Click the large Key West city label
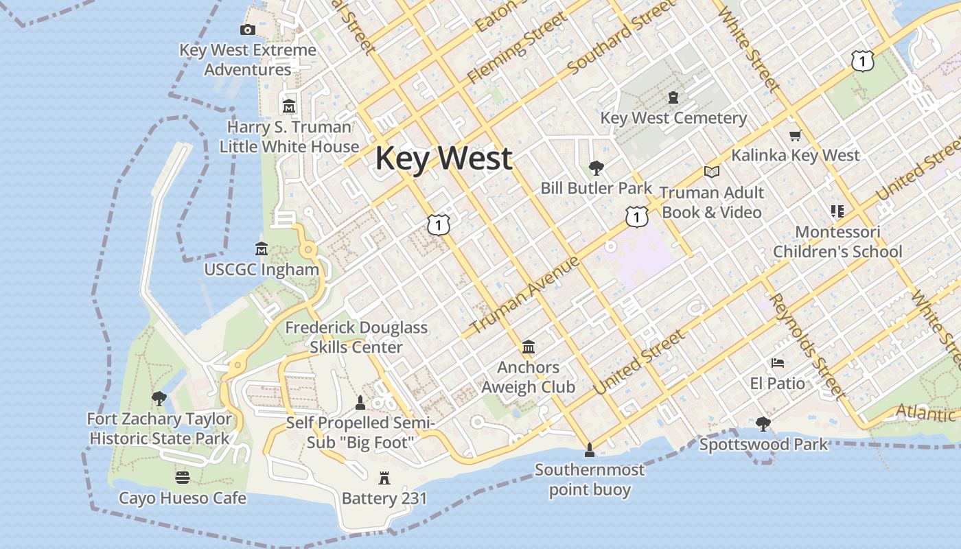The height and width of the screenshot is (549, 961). [443, 159]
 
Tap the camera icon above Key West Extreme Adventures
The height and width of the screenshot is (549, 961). [248, 30]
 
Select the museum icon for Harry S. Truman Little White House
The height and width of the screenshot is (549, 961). [288, 106]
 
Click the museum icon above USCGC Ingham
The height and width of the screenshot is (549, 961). [261, 248]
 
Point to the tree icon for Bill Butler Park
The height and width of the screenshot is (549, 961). [596, 167]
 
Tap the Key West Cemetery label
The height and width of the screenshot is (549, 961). [673, 118]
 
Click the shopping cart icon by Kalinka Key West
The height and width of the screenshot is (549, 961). [795, 135]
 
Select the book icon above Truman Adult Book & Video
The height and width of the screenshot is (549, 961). [712, 172]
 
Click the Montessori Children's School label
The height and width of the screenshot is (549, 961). [837, 242]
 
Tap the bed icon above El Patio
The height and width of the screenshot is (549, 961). [777, 362]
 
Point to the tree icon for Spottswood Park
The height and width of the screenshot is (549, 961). [763, 423]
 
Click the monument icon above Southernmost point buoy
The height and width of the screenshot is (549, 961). [588, 450]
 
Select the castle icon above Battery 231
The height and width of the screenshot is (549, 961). [384, 478]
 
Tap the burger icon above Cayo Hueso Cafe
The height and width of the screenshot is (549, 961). [182, 477]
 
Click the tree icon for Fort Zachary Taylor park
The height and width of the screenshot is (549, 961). [159, 398]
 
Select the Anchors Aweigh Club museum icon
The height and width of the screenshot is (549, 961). [528, 347]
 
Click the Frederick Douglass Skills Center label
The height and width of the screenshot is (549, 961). [356, 337]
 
